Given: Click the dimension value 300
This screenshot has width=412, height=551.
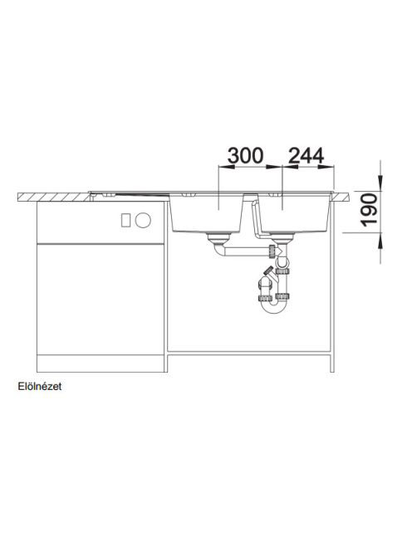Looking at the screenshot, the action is click(245, 156).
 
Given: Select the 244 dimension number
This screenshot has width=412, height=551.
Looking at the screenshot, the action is click(306, 156).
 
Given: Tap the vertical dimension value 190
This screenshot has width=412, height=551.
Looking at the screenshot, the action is click(370, 210).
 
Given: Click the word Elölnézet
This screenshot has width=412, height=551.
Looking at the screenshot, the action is click(40, 387).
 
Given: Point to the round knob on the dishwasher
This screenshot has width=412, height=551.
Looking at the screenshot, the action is click(143, 221).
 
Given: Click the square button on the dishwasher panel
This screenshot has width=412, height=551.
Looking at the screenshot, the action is click(125, 221).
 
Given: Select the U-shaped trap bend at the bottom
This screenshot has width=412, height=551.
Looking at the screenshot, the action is click(274, 306).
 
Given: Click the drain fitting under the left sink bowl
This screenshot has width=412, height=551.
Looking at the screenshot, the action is click(218, 239).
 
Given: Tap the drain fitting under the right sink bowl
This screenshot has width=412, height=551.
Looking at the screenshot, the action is click(283, 239).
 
